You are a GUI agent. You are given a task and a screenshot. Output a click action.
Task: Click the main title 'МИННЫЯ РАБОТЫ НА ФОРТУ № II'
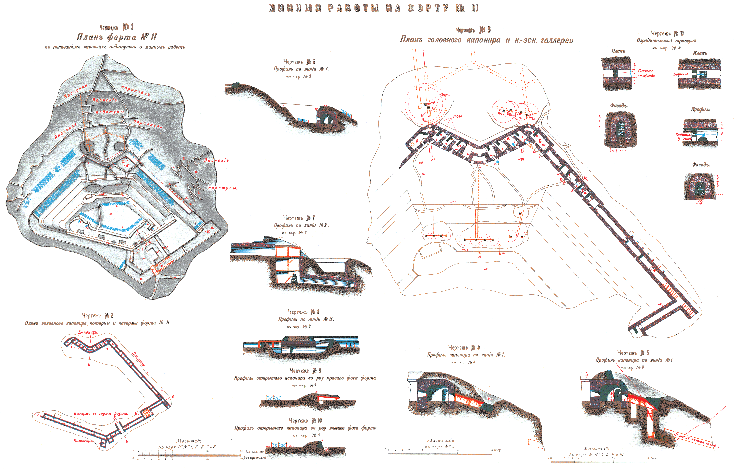click(x=373, y=8)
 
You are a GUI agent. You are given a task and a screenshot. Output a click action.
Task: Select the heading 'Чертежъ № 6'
click(x=299, y=62)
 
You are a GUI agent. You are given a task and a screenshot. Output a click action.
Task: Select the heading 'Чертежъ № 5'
click(x=633, y=353)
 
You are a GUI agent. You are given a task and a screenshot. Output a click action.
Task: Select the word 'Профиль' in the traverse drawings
click(x=701, y=109)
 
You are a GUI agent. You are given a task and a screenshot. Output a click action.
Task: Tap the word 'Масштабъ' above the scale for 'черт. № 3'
click(x=440, y=440)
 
